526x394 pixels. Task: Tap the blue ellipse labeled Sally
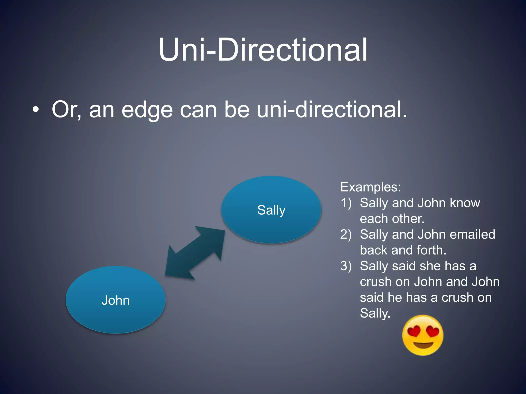271,210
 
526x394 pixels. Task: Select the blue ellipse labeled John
116,300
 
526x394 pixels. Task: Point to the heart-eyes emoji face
423,335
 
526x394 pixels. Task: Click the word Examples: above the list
370,187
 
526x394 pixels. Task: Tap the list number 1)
346,203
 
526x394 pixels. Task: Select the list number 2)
346,234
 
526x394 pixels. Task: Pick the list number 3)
346,266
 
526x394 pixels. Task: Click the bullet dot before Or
36,110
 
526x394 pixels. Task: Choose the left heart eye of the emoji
414,331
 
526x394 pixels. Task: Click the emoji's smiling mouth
423,345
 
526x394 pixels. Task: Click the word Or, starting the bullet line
67,110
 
